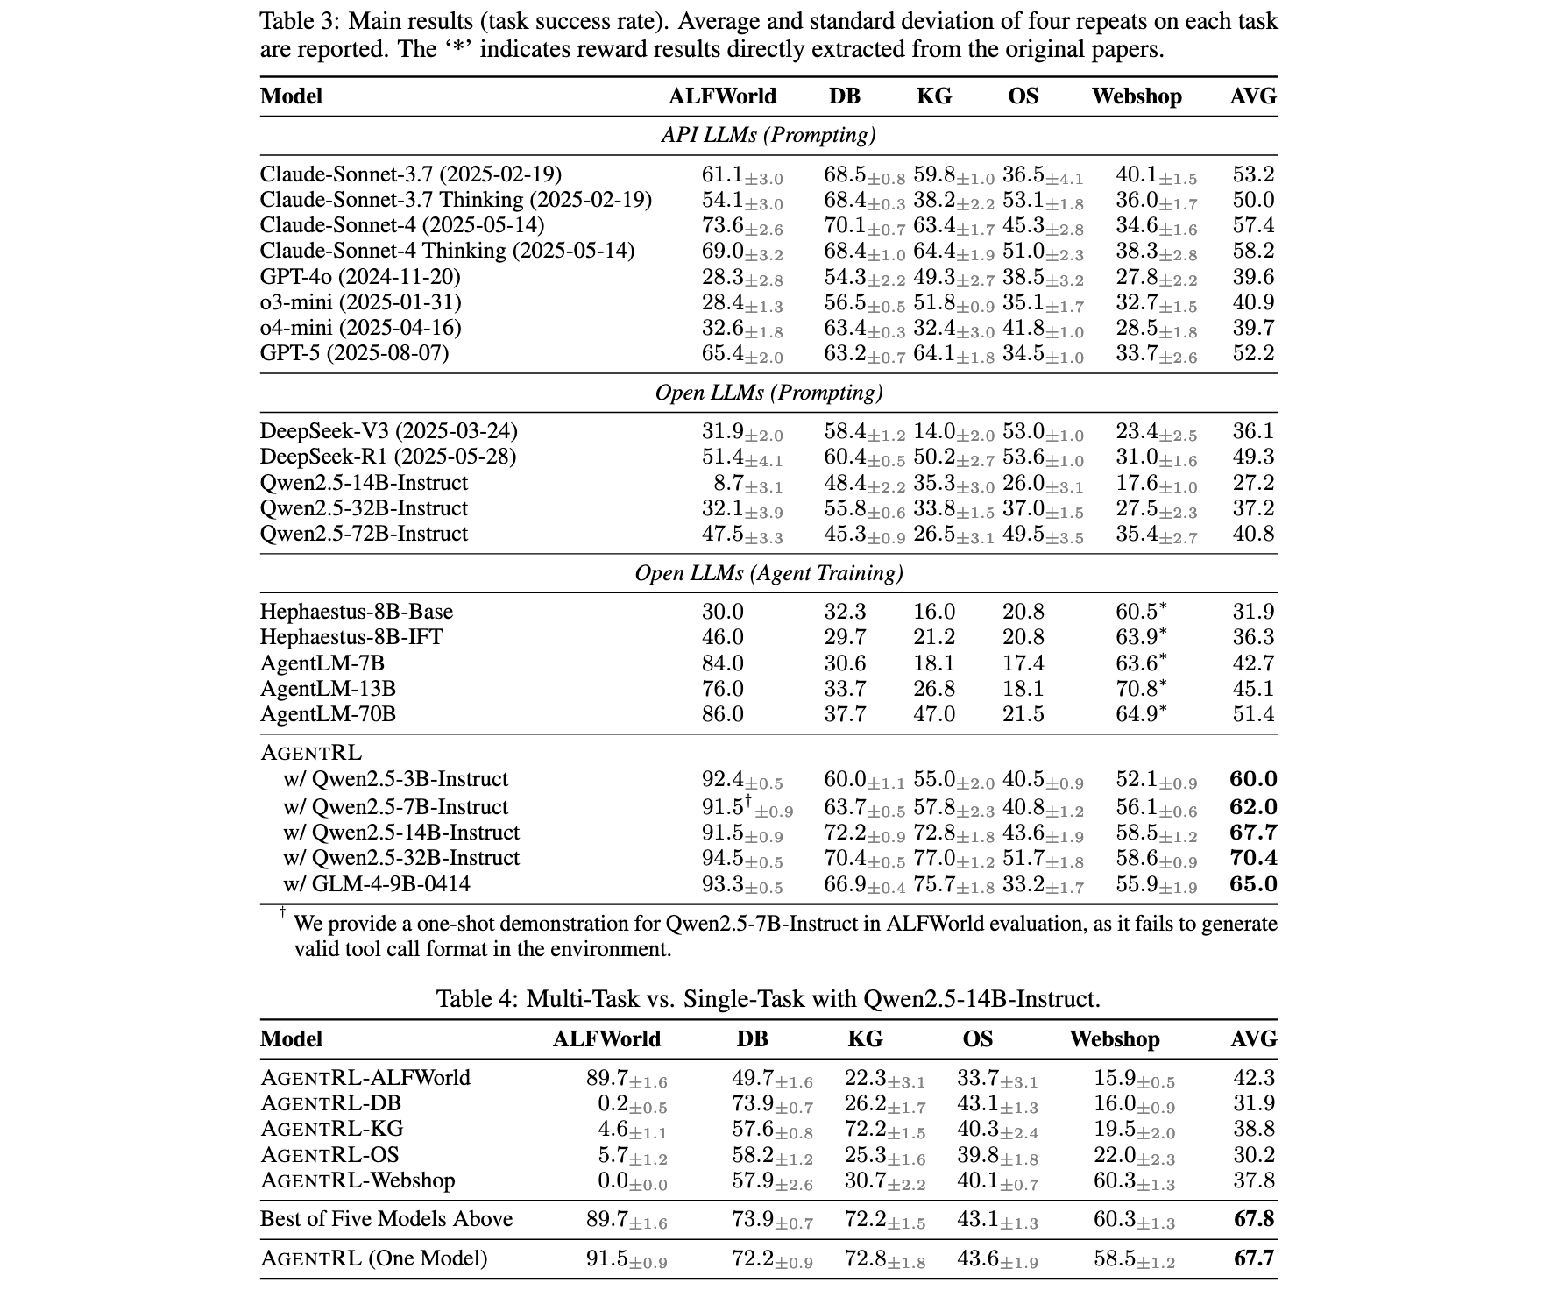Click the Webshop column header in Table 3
[1136, 96]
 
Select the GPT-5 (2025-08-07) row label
[354, 353]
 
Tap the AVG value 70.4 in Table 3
[1253, 858]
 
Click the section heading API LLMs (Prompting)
[768, 135]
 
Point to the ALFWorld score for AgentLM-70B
[722, 714]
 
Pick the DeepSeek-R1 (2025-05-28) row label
[387, 457]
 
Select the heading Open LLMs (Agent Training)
[768, 573]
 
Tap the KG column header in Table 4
[864, 1039]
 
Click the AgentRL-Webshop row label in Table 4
[358, 1180]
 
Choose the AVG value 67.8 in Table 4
[1253, 1219]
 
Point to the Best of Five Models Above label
[386, 1219]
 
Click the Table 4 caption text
[768, 998]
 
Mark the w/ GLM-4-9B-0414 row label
[376, 884]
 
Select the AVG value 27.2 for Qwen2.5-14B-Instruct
[1253, 483]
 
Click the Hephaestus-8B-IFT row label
[351, 637]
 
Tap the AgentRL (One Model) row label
[373, 1258]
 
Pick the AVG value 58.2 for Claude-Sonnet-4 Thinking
[1253, 251]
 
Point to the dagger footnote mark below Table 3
[283, 912]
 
